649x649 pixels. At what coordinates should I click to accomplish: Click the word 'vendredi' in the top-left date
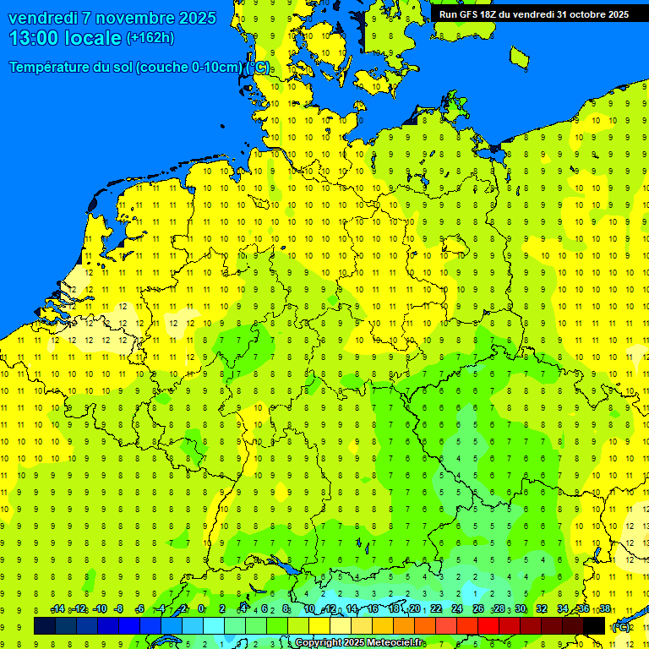tap(41, 18)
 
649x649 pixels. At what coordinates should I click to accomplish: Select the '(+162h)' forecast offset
tap(150, 38)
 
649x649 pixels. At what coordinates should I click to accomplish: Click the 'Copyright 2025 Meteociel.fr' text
tap(360, 642)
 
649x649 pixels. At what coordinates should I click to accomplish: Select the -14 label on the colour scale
tap(57, 609)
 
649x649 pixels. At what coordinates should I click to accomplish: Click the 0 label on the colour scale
tap(201, 609)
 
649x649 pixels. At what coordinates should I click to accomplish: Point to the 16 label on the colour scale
tap(373, 609)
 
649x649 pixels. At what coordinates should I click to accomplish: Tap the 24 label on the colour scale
tap(457, 609)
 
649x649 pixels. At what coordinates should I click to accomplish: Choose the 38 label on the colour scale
tap(605, 609)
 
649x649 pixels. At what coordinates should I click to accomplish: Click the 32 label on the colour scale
tap(542, 609)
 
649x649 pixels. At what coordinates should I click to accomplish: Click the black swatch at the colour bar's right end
tap(594, 625)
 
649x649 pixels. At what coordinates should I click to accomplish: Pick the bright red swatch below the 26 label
tap(488, 625)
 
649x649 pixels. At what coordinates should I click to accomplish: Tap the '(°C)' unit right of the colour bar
tap(621, 627)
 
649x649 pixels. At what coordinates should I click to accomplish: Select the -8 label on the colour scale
tap(119, 609)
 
